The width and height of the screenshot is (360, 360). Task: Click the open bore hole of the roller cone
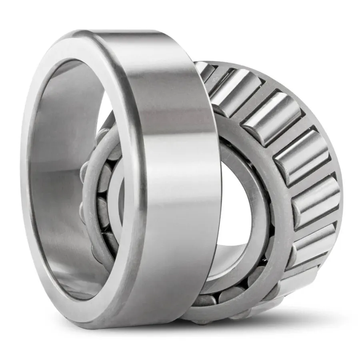point(236,208)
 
